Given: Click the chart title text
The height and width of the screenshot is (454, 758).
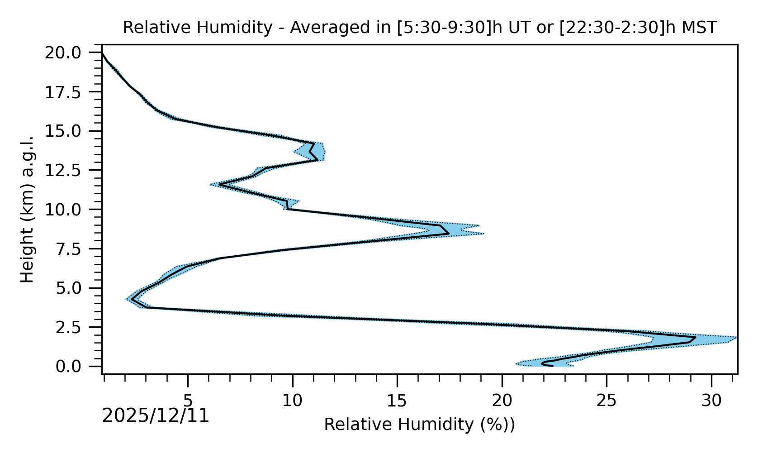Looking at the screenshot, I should tap(420, 28).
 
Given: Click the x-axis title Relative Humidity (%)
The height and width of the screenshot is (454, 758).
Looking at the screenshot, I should tap(419, 425).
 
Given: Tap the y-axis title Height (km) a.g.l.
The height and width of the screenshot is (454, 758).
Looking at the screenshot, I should tap(28, 209).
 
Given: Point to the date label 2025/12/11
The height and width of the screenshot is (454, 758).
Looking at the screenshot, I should tap(156, 416).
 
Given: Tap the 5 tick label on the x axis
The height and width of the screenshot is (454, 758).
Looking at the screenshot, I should tap(188, 400).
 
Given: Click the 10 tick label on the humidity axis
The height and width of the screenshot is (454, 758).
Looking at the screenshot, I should tap(293, 400).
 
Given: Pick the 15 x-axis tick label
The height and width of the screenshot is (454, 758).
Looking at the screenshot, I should tap(397, 400).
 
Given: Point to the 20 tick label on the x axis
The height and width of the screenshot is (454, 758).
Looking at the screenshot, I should tap(502, 400).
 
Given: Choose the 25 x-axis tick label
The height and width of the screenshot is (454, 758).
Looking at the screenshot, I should tap(606, 400).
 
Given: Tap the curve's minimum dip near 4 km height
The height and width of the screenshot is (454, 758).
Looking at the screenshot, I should tap(132, 299).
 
